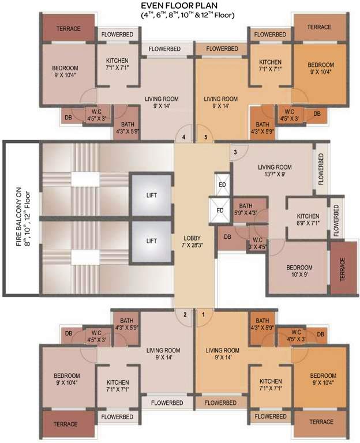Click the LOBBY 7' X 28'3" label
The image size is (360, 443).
pos(192,242)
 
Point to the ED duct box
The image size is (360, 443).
pos(223,185)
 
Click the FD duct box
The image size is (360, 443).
pos(220,210)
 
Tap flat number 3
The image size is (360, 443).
pos(235,152)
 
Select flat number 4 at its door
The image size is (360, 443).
pos(183,137)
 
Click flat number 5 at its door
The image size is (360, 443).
pos(205,137)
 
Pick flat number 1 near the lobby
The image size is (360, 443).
pos(203,314)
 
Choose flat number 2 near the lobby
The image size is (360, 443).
pos(185,314)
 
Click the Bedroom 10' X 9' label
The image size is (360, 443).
pos(300,271)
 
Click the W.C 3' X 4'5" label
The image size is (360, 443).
pos(255,242)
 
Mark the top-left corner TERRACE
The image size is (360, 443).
pos(68,28)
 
